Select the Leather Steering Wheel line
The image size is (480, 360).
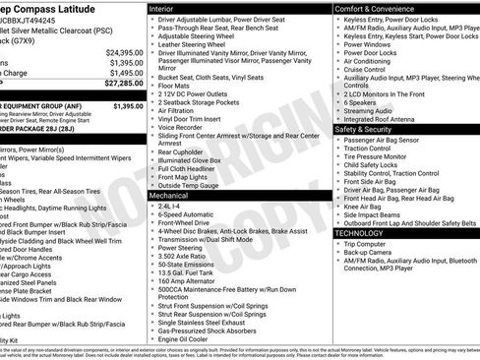point(200,44)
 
